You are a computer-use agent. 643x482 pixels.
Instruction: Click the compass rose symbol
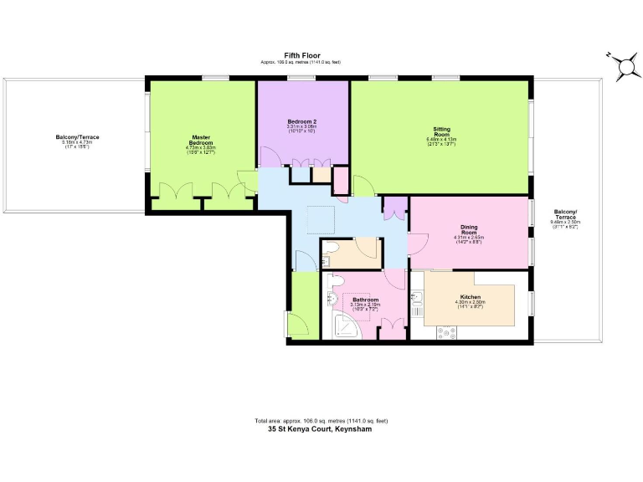pyautogui.click(x=624, y=67)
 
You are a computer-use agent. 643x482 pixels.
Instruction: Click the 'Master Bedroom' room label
pyautogui.click(x=200, y=141)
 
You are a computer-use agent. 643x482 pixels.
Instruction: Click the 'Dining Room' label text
pyautogui.click(x=469, y=229)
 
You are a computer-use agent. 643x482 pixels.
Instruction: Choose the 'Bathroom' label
pyautogui.click(x=365, y=299)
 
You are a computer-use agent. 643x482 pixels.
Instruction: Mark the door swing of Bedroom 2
pyautogui.click(x=270, y=156)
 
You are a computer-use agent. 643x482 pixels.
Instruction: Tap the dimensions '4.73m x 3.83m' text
pyautogui.click(x=200, y=148)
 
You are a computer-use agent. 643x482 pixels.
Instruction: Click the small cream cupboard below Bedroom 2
pyautogui.click(x=321, y=176)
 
